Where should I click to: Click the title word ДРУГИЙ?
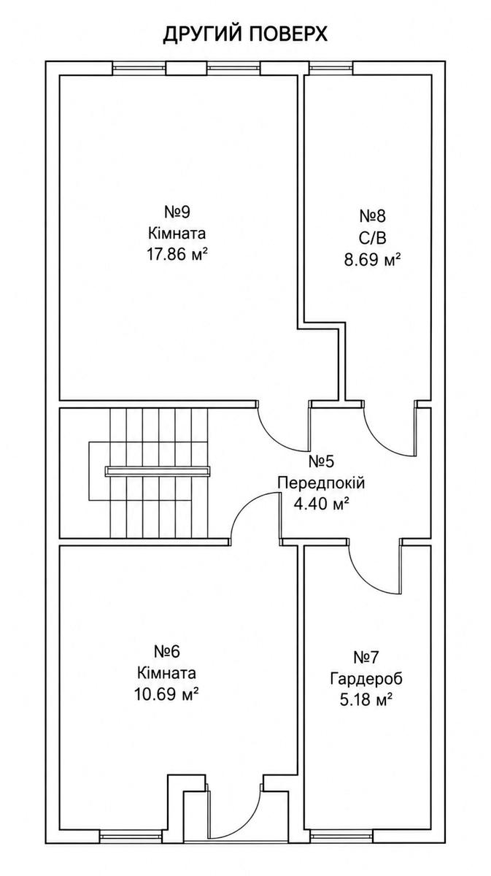point(203,34)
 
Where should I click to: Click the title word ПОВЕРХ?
point(288,34)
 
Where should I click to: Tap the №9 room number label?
point(177,212)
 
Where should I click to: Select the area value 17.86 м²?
point(177,255)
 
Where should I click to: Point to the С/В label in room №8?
point(372,237)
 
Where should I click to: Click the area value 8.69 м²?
point(372,259)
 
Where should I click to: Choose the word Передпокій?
point(321,483)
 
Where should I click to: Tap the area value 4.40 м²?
point(321,504)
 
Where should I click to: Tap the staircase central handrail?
point(158,472)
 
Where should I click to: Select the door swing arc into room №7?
point(365,579)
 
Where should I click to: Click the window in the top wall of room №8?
point(330,68)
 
